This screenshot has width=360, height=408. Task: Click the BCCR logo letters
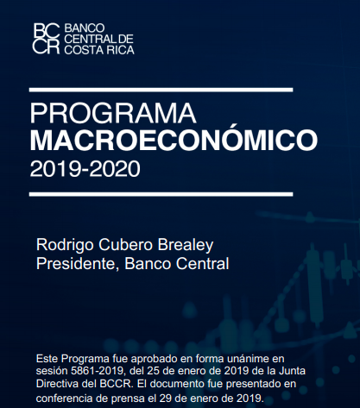tap(47, 39)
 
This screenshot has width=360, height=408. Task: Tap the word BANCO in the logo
tap(85, 28)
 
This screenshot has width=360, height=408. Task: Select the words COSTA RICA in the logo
tap(99, 50)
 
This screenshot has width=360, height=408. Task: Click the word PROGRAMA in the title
tap(113, 113)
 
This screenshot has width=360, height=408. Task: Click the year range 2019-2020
tap(85, 169)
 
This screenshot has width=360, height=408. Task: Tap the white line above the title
tap(161, 90)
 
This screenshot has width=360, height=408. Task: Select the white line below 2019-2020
tap(161, 194)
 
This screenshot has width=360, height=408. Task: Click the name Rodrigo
tap(65, 245)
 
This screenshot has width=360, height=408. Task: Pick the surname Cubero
tap(125, 245)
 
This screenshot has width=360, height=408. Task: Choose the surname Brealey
tap(186, 245)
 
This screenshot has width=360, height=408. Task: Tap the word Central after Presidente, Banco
tap(203, 264)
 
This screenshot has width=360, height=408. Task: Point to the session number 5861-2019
tap(98, 371)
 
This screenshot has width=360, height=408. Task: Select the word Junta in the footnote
tap(292, 371)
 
